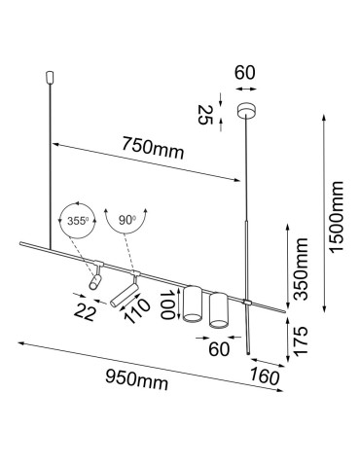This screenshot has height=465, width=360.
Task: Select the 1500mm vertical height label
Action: point(337,216)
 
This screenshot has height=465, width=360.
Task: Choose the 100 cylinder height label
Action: point(168,304)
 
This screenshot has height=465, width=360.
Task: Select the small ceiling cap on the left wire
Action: point(50,76)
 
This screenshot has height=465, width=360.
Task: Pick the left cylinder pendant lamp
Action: point(192,304)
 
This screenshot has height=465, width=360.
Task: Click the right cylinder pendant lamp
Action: point(218,308)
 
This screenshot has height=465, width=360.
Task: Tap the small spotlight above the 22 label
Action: point(94,278)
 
